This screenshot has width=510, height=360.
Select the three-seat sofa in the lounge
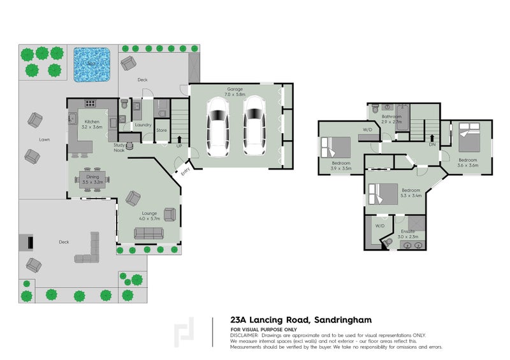[148, 234]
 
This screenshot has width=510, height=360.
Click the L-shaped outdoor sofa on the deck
[89, 250]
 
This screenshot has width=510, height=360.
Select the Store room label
[162, 130]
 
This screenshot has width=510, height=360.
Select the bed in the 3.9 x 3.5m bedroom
[336, 148]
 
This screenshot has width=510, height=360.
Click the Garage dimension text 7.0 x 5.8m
[235, 94]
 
